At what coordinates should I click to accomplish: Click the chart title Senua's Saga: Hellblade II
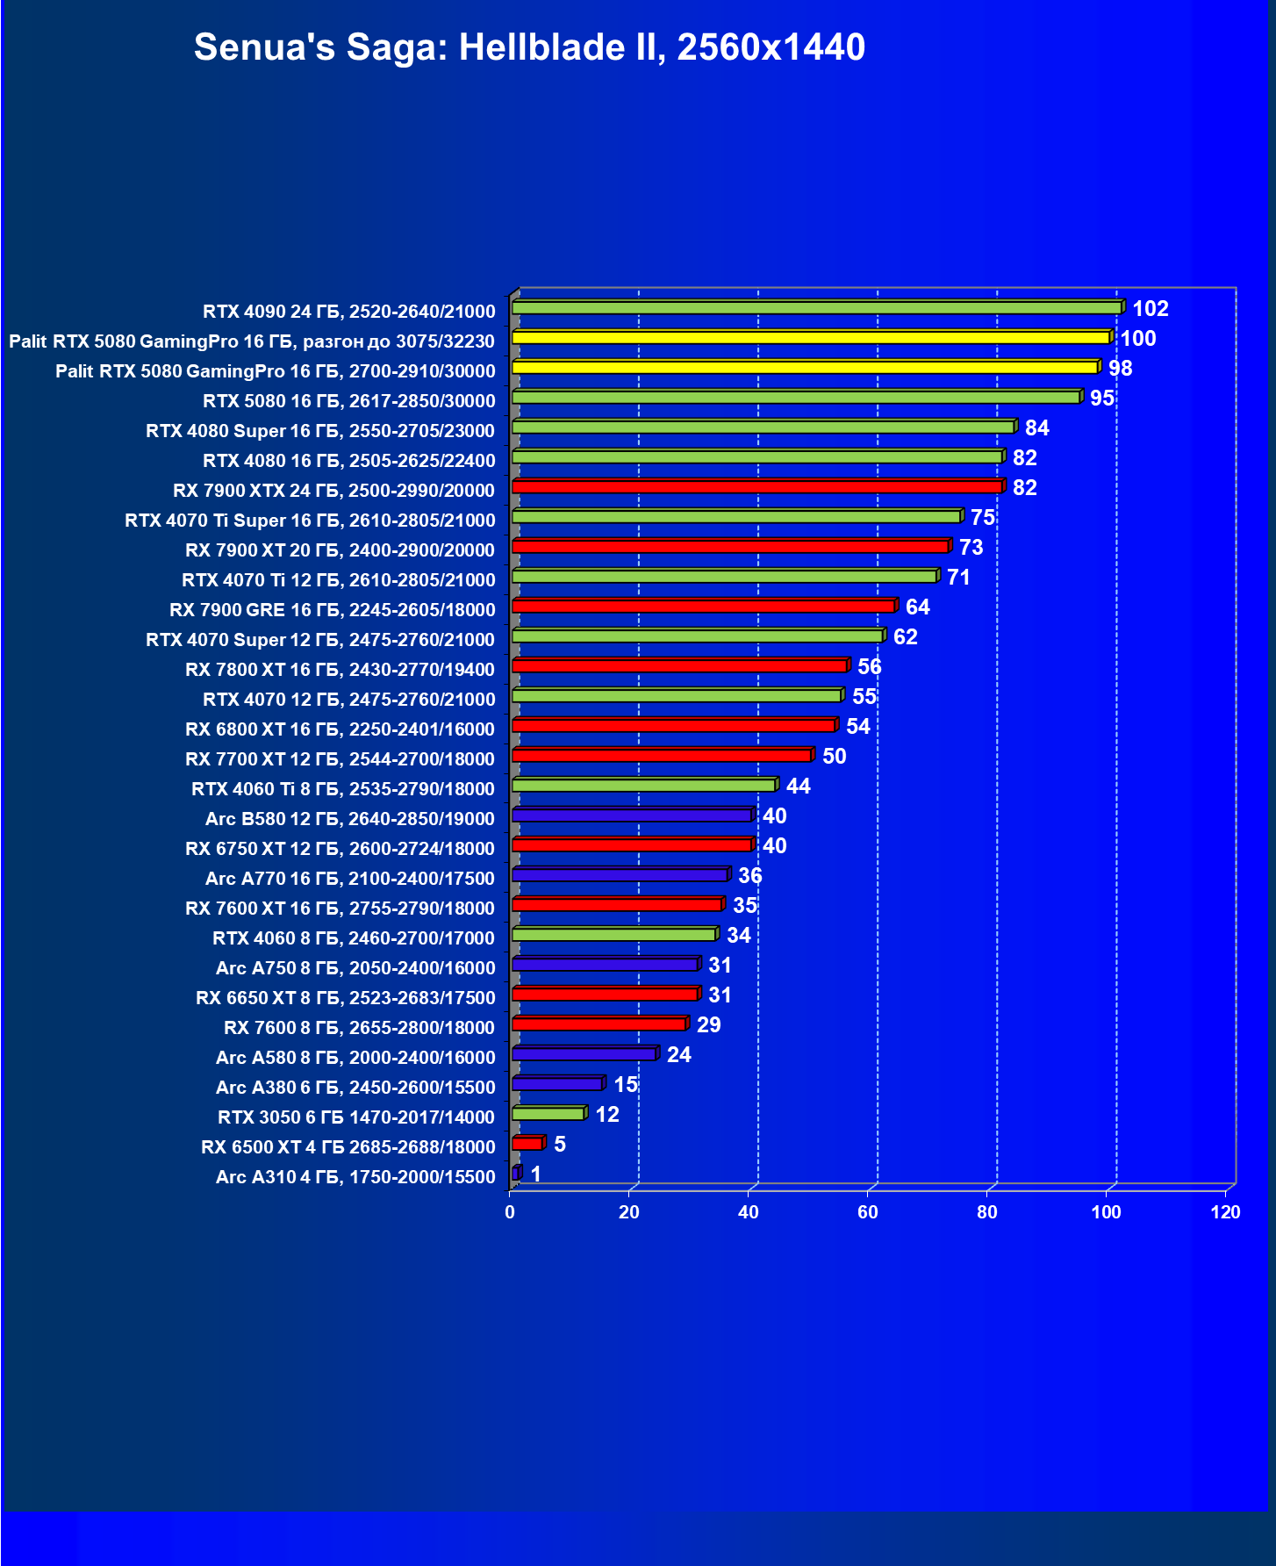coord(529,47)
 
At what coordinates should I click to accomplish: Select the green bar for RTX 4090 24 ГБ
coord(816,308)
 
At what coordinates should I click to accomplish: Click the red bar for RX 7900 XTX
coord(756,487)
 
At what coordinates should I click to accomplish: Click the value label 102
coord(1151,309)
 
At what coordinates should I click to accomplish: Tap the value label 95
coord(1102,399)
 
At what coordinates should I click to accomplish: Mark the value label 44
coord(799,787)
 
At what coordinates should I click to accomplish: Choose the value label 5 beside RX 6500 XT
coord(560,1145)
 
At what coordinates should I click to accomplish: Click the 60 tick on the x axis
coord(868,1213)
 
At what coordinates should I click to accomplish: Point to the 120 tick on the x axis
coord(1226,1213)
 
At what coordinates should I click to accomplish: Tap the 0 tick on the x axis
coord(510,1213)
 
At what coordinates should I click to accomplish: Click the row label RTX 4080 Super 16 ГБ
coord(320,431)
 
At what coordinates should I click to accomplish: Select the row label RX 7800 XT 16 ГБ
coord(340,670)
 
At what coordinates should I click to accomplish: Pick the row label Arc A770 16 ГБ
coord(349,879)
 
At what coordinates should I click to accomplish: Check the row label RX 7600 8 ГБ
coord(359,1028)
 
